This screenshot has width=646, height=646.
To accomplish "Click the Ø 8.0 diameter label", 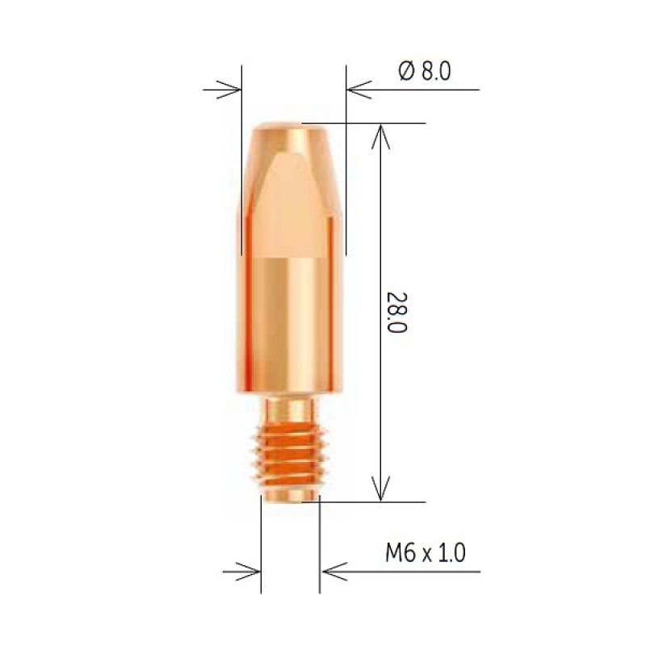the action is [x=425, y=71].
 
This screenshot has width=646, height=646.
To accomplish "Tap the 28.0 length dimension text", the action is [x=396, y=313].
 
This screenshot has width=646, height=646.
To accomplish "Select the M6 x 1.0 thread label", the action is [x=426, y=552].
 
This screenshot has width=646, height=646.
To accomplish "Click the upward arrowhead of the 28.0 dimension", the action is [x=380, y=136].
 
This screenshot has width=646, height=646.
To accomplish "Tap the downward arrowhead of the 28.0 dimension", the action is [x=380, y=489].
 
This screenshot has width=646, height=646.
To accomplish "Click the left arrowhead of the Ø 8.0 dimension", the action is [x=229, y=90].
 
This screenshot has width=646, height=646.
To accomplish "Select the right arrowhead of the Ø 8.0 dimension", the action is [x=359, y=90].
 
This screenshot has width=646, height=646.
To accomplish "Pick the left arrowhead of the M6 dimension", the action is [x=248, y=572].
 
